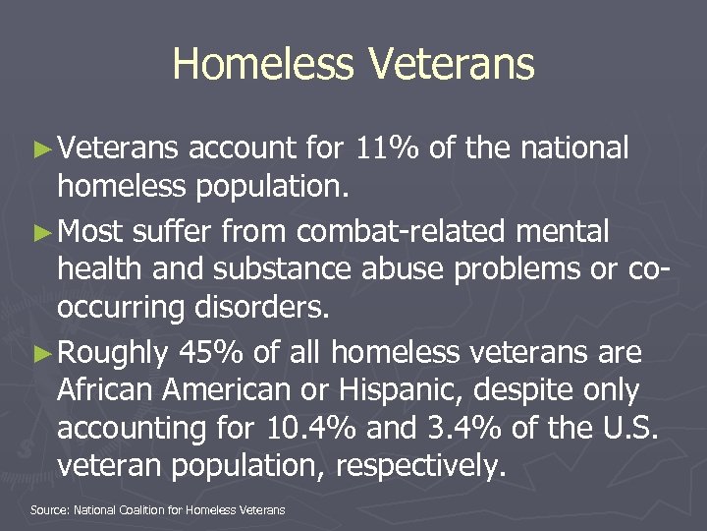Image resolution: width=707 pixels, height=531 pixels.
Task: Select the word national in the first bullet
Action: click(x=573, y=148)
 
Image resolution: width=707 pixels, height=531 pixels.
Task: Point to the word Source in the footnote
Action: click(x=47, y=509)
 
